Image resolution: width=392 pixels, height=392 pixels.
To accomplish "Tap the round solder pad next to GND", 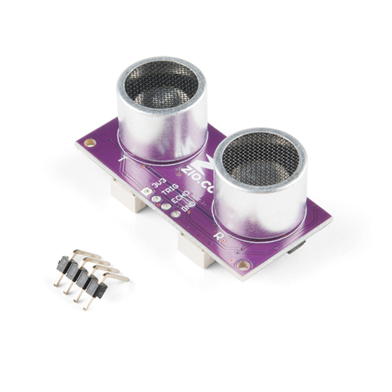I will click(176, 214).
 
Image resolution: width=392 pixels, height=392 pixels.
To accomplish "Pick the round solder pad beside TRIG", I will click(156, 199).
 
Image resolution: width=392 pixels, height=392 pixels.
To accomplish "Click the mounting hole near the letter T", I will click(90, 143).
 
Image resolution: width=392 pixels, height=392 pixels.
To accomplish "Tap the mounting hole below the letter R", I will click(243, 265).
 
